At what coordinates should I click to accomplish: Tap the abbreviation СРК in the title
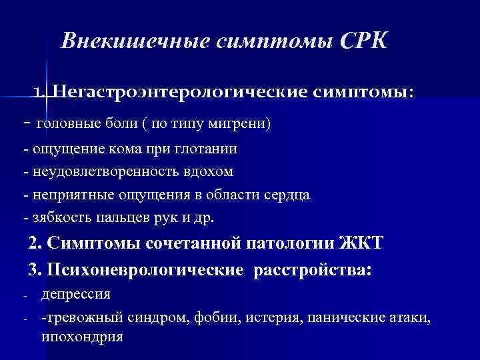(363, 41)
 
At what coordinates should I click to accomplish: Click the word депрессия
(76, 294)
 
